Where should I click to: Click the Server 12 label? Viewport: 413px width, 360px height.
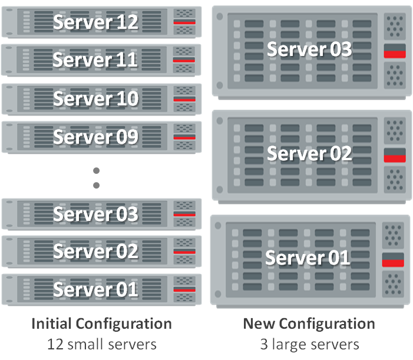(95, 22)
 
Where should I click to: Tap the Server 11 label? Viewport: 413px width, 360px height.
(95, 60)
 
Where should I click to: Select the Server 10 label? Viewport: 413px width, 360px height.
(95, 98)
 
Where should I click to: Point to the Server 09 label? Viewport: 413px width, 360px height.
(95, 137)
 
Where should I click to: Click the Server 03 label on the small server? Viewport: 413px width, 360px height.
(95, 214)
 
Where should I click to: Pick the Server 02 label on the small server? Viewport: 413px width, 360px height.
(95, 252)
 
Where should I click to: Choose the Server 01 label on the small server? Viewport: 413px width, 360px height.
(95, 290)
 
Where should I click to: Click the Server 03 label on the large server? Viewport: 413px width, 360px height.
(309, 49)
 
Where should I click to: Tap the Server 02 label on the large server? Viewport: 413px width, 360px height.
(309, 154)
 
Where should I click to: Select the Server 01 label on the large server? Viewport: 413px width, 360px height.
(308, 258)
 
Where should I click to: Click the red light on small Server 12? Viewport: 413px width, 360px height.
(184, 22)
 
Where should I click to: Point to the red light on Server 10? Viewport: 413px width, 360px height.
(184, 99)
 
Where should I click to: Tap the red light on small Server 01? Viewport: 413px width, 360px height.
(184, 289)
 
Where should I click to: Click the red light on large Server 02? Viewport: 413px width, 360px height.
(395, 158)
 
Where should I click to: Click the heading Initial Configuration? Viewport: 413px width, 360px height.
(101, 323)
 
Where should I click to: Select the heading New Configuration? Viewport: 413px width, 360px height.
(309, 323)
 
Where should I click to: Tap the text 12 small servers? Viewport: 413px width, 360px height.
(101, 343)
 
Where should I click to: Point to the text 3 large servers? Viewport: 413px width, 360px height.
(309, 343)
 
